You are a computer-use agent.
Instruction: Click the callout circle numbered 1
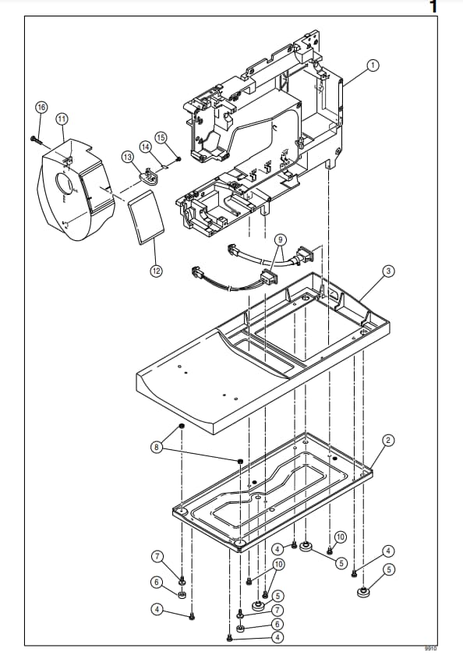coord(373,66)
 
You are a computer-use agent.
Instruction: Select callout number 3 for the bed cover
coord(388,271)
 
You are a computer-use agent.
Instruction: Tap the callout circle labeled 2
coord(388,441)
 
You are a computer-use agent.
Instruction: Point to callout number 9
coord(280,240)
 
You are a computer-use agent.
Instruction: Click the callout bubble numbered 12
coord(156,271)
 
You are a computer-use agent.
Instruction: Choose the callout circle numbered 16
coord(41,107)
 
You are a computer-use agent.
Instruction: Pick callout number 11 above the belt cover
coord(62,119)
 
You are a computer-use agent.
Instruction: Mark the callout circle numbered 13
coord(128,158)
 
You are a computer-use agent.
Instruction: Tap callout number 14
coord(146,147)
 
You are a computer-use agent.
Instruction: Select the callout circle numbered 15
coord(161,137)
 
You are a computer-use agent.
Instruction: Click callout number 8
coord(157,447)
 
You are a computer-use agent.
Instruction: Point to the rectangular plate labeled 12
coord(146,218)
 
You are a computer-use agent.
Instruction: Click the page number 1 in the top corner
coord(433,7)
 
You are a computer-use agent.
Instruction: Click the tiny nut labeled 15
coord(178,159)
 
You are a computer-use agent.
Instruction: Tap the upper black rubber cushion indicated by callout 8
coord(181,426)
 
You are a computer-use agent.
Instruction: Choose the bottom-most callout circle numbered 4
coord(277,637)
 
